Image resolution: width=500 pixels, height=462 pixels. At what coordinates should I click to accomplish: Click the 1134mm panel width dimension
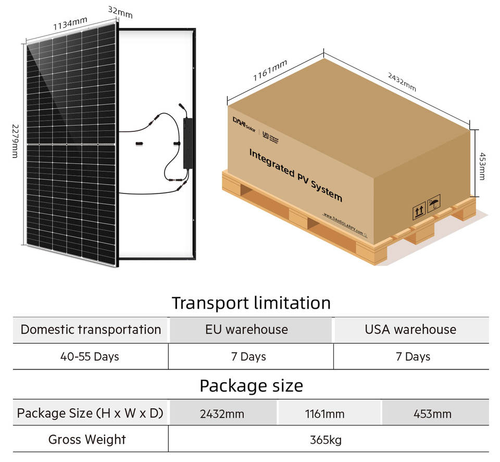tap(70, 23)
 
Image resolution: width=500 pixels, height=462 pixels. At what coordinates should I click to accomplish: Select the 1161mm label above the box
tap(270, 70)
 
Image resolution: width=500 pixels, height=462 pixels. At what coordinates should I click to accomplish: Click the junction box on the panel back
tap(187, 143)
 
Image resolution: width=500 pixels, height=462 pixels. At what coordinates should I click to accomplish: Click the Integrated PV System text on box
tap(295, 175)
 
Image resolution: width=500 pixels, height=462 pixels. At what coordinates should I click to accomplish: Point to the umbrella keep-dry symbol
tap(433, 203)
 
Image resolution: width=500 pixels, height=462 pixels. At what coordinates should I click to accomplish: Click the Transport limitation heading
tap(251, 303)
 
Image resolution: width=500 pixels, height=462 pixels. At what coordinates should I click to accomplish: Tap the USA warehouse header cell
tap(410, 330)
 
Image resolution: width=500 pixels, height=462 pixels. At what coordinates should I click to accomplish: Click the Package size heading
tap(251, 386)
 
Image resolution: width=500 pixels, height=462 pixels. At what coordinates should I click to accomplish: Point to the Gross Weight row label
tap(87, 440)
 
